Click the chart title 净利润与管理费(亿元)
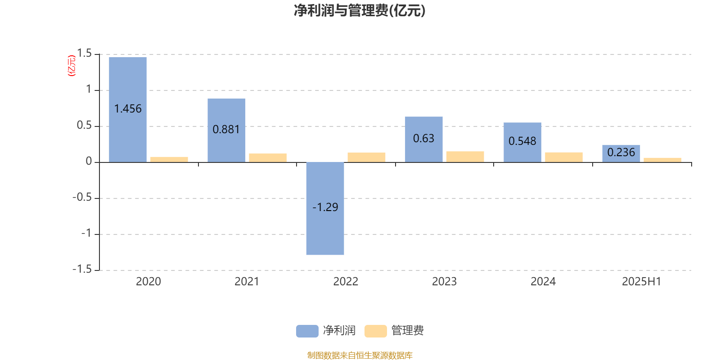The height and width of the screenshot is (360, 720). tap(360, 11)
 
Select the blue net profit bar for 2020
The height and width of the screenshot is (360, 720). tap(128, 110)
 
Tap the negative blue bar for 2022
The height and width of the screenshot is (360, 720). tap(325, 209)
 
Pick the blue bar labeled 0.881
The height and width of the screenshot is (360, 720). tap(226, 130)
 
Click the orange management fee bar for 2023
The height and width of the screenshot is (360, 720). tap(465, 157)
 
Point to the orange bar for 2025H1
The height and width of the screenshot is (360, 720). tap(662, 160)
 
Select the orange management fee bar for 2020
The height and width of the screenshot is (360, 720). tap(169, 160)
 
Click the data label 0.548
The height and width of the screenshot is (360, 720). tap(522, 141)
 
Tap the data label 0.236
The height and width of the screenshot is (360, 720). tap(621, 153)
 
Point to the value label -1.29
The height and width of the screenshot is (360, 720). tap(325, 207)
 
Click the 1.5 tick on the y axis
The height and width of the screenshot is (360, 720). tap(84, 54)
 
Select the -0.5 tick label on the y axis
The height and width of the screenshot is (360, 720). tap(82, 198)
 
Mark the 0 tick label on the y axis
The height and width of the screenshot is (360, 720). tap(89, 162)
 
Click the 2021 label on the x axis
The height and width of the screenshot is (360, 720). tap(247, 282)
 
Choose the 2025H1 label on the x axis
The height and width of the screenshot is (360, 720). tap(642, 282)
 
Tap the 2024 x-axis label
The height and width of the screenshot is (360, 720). tap(543, 282)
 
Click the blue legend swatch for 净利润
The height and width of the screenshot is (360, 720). tap(307, 331)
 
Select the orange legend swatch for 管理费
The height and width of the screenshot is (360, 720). tap(375, 331)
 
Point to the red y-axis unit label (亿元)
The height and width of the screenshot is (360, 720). tap(72, 66)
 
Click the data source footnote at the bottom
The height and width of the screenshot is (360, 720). tap(360, 355)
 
